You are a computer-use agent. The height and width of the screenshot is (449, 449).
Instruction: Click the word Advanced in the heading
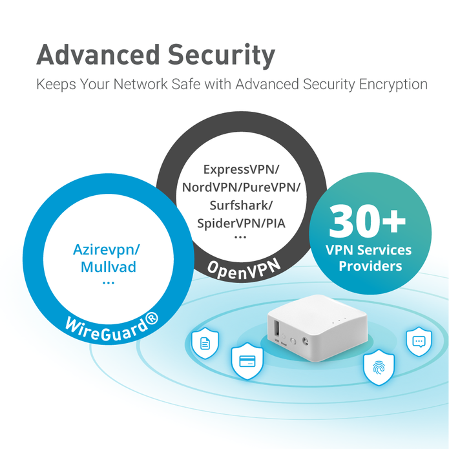pos(98,54)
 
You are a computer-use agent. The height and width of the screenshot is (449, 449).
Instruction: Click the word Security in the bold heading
pos(222,56)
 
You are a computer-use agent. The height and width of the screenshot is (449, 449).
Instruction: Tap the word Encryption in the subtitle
pos(393,85)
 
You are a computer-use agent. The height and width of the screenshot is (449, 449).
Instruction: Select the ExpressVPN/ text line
pos(241,169)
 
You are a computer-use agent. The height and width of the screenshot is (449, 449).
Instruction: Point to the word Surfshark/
pos(241,205)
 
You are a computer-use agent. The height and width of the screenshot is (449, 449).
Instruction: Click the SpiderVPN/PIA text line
pos(241,224)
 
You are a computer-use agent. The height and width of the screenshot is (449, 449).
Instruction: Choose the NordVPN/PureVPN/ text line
pos(241,187)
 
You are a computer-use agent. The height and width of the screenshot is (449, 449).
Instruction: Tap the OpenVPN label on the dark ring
pos(244,269)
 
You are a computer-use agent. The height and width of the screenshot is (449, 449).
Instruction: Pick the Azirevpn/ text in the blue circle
pos(107,250)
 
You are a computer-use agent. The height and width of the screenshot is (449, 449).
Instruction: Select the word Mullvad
pos(109,267)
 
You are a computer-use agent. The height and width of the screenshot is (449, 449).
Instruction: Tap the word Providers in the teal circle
pos(370,266)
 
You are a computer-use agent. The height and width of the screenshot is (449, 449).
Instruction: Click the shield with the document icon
pos(205,343)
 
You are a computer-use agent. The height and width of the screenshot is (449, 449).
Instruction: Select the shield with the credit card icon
pos(247,361)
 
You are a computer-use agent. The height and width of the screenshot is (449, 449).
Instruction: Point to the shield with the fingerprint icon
pos(379,368)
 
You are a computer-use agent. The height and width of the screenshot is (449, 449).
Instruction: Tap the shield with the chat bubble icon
pos(419,341)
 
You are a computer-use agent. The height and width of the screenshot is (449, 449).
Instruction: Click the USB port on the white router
pos(277,328)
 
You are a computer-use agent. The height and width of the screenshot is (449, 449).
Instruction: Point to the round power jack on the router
pos(305,340)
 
